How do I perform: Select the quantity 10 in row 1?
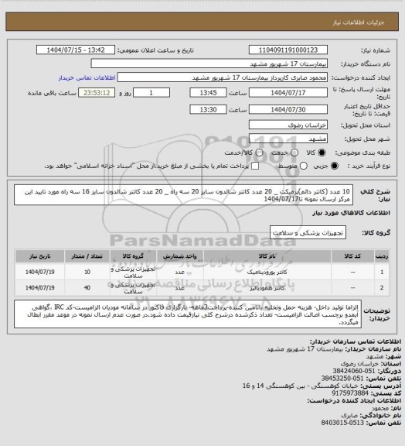(x=88, y=272)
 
